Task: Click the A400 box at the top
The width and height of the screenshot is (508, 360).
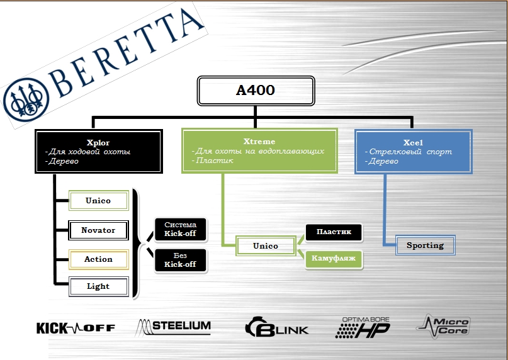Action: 256,91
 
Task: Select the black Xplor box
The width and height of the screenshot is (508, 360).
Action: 99,151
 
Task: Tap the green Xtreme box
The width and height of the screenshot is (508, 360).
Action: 259,151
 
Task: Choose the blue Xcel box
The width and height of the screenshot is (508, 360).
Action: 413,151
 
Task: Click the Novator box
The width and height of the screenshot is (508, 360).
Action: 98,230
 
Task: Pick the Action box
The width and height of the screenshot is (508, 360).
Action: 98,259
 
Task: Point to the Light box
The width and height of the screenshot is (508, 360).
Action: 98,286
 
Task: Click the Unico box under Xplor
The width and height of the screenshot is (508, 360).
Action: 98,201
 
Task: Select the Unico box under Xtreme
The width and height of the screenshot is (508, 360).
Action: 266,246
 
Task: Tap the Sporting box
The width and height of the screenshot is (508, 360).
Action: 425,245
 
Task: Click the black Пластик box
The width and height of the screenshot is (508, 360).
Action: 334,232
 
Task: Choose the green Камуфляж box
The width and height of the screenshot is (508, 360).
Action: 334,259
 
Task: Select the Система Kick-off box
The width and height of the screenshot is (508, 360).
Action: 181,229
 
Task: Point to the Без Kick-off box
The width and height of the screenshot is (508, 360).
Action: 181,261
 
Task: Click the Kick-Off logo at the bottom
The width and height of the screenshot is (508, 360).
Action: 76,328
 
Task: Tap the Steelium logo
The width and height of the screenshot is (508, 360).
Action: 174,327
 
